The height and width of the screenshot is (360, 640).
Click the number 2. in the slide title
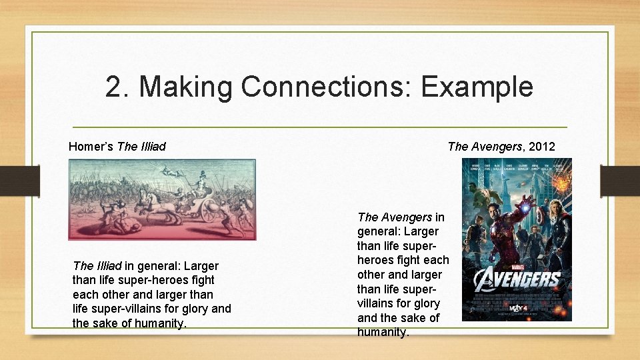click(x=117, y=87)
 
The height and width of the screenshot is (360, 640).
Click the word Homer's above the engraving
click(x=91, y=146)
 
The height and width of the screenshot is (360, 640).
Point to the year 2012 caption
click(x=541, y=146)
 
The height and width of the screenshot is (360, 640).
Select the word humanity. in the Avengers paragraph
click(x=383, y=331)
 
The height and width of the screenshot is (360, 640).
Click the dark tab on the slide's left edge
click(x=19, y=181)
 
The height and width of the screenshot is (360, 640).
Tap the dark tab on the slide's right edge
click(x=620, y=181)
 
